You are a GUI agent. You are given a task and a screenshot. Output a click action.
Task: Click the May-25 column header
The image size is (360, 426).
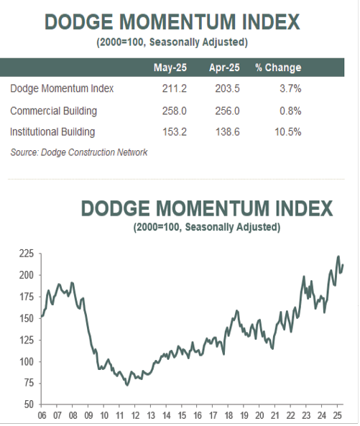point(170,68)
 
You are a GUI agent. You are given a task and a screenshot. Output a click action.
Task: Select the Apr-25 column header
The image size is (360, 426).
point(224,68)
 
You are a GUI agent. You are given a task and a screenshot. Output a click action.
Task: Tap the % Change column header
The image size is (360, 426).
point(278,68)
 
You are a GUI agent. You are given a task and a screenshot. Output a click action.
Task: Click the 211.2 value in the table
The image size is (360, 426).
point(175,88)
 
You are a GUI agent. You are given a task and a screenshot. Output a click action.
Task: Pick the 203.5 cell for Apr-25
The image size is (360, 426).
point(227,88)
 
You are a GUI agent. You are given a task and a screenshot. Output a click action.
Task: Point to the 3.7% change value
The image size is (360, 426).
point(290,88)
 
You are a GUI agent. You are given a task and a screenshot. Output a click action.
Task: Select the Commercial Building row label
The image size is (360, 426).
point(53,111)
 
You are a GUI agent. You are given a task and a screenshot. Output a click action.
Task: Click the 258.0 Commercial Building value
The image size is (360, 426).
point(175,111)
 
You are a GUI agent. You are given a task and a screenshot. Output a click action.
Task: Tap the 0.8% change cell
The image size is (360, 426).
point(290,111)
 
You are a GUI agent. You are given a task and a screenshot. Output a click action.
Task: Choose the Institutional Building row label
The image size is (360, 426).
point(52,132)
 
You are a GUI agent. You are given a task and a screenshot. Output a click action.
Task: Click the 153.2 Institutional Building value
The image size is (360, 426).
point(175,132)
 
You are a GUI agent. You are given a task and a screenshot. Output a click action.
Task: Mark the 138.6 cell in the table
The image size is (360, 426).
point(227,132)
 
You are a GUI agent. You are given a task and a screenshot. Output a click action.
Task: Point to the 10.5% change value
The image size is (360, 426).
point(288,132)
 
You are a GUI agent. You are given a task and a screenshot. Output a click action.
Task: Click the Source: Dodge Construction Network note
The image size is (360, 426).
point(79,152)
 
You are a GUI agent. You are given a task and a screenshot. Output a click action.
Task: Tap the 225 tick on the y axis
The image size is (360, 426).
point(27,254)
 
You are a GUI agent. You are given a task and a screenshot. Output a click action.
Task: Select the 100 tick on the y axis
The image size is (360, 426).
point(27,361)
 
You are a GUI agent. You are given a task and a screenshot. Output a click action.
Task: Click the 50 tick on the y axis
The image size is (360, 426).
point(29,404)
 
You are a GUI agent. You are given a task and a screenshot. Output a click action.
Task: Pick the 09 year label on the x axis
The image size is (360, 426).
point(88,415)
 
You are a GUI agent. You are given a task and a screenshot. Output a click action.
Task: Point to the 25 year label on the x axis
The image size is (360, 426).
point(337,415)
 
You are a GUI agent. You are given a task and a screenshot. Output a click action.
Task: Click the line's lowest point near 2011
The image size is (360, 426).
point(127,385)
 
